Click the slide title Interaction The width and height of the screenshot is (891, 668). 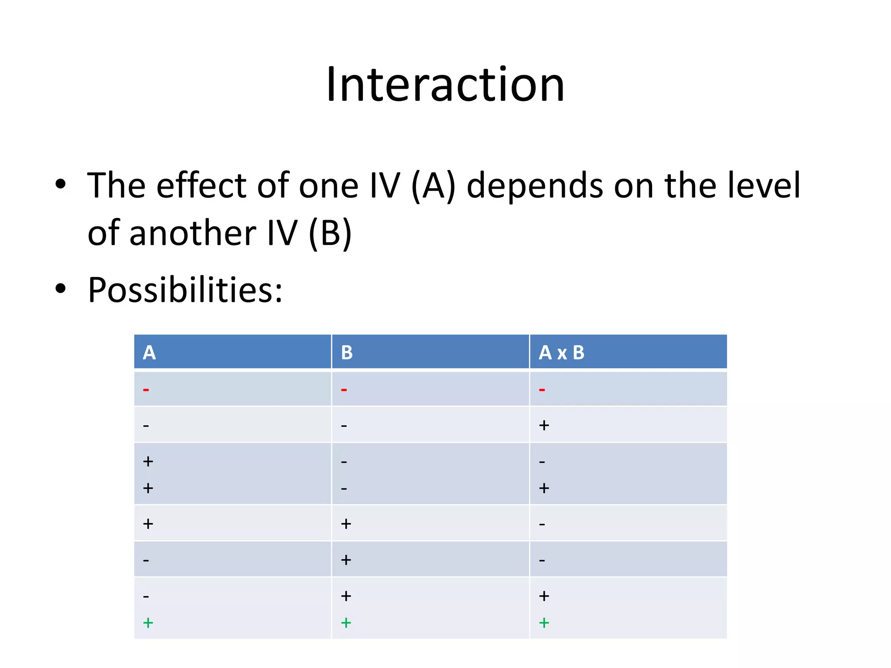click(x=445, y=84)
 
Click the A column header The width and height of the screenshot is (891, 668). click(x=149, y=352)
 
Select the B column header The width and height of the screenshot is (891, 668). click(x=347, y=352)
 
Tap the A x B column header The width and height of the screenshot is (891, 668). click(x=561, y=352)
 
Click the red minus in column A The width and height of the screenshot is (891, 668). click(x=146, y=390)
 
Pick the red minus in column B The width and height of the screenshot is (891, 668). click(x=344, y=390)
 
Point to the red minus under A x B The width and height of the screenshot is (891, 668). click(x=542, y=390)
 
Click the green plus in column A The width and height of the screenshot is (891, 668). click(x=148, y=623)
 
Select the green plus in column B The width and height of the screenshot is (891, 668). click(x=346, y=623)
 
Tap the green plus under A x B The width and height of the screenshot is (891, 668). click(x=544, y=623)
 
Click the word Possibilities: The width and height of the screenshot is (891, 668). click(x=185, y=290)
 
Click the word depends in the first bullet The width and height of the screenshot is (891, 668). click(x=535, y=186)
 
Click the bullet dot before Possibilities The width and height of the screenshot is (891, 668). click(x=60, y=288)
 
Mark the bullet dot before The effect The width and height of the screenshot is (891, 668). click(x=60, y=184)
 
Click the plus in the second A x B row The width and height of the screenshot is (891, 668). click(x=544, y=425)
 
